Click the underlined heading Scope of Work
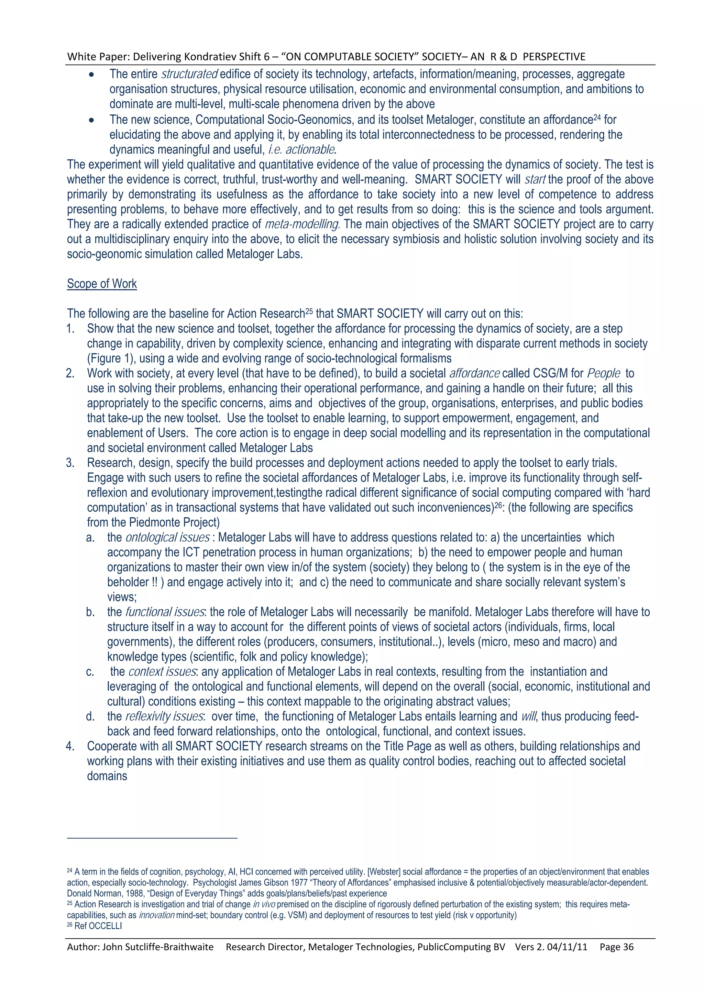[x=102, y=284]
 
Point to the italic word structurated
[x=189, y=75]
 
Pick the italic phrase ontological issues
[x=167, y=538]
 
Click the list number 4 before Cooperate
[x=70, y=746]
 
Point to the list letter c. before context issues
[x=90, y=672]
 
